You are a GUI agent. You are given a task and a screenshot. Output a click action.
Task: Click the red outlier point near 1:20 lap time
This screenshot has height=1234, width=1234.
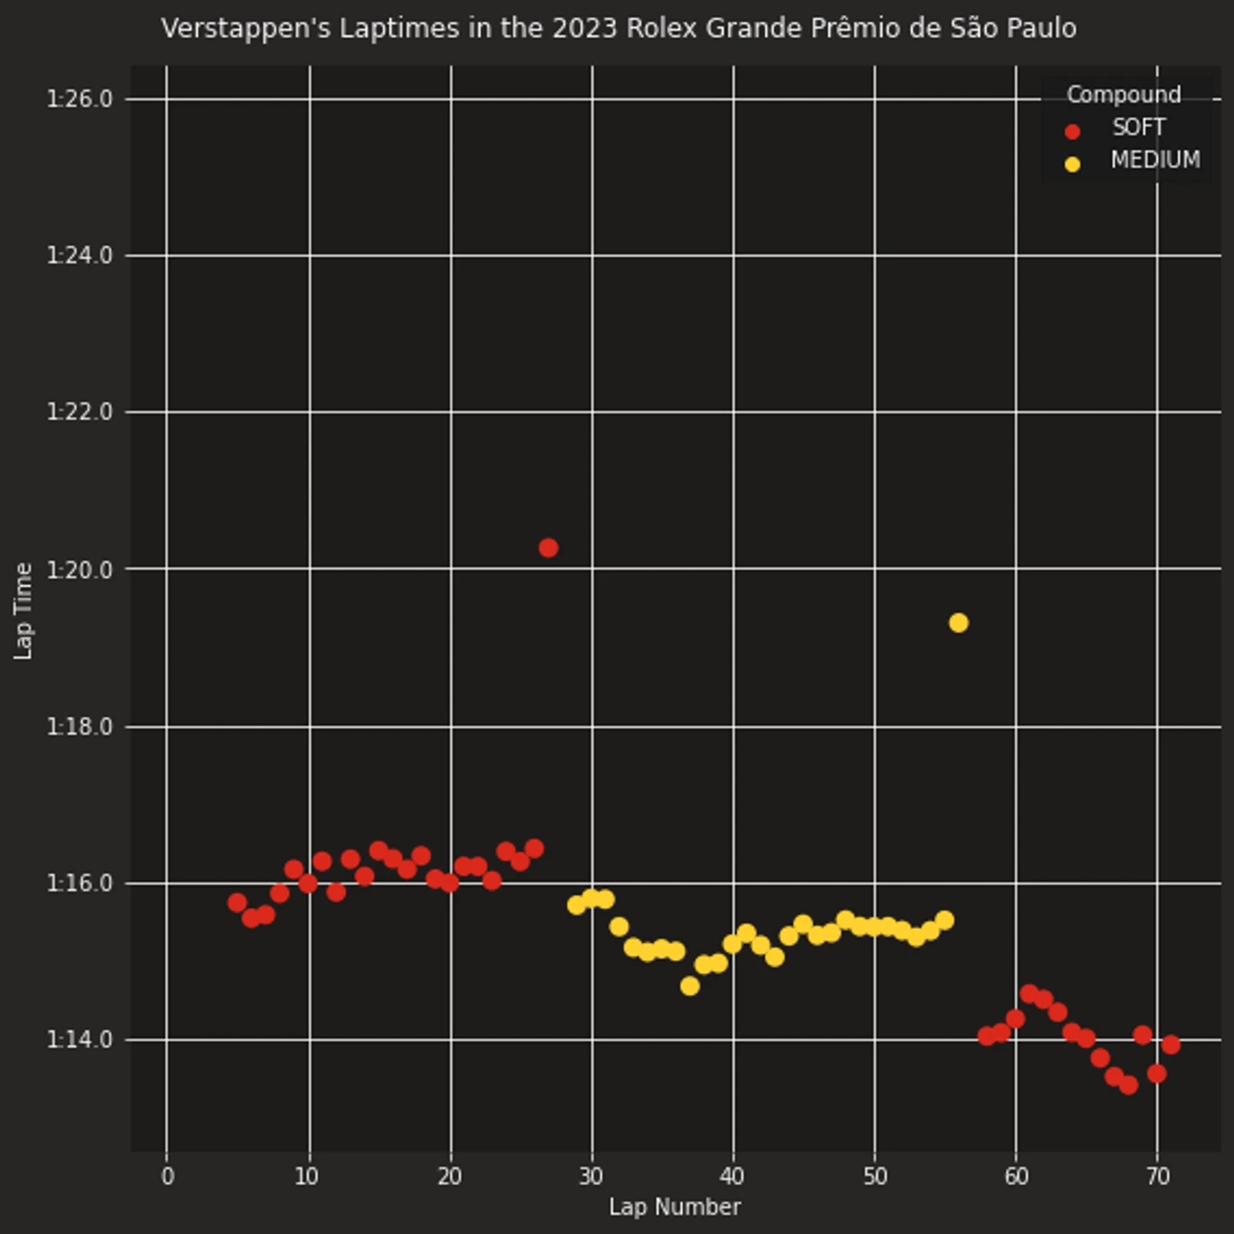click(548, 548)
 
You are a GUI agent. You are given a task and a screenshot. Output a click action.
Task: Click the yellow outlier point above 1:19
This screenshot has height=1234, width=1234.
click(958, 623)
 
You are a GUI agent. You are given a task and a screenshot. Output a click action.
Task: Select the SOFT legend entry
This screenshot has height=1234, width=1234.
click(1138, 128)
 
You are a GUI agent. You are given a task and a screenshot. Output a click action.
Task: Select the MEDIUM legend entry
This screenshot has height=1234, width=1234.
click(1155, 161)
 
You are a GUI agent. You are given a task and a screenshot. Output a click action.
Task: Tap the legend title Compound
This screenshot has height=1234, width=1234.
click(1123, 95)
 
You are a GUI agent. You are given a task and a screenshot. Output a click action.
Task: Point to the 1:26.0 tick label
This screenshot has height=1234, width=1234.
click(79, 100)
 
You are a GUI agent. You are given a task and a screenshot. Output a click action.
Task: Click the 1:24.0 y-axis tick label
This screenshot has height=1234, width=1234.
click(79, 255)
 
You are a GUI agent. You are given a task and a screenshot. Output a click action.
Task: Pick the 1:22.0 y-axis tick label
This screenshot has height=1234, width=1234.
click(79, 412)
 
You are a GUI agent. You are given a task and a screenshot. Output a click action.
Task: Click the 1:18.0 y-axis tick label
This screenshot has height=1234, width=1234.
click(79, 727)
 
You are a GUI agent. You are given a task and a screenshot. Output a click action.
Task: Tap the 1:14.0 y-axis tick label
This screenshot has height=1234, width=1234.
click(79, 1040)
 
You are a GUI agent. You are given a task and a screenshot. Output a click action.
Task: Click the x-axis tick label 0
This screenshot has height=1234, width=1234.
click(167, 1177)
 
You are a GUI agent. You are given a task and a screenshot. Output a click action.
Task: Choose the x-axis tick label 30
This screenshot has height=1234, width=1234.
click(592, 1177)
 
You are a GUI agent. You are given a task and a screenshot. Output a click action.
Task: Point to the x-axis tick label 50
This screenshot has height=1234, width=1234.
click(875, 1177)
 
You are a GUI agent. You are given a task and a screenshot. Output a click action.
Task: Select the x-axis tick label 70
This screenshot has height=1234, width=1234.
click(1158, 1177)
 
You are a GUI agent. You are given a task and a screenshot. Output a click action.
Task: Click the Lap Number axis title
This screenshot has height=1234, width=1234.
click(674, 1207)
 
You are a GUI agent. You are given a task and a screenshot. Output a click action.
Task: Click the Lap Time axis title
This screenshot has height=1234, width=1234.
click(24, 610)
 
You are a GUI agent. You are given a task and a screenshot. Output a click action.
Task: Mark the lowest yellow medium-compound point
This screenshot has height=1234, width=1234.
click(690, 986)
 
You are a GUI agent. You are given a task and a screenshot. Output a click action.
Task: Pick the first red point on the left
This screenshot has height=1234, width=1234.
click(238, 903)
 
